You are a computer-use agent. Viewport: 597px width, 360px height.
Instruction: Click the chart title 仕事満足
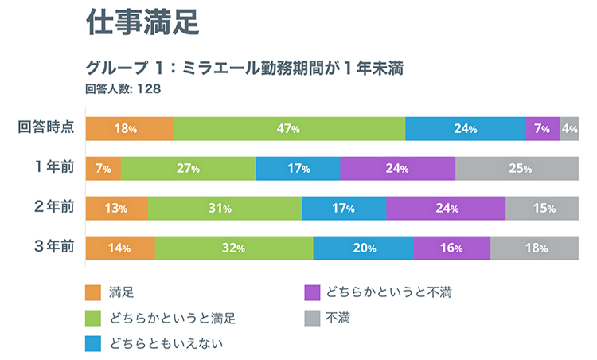pos(142,24)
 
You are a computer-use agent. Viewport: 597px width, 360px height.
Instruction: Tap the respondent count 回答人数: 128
pos(123,88)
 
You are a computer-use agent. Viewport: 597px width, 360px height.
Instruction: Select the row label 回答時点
pos(47,128)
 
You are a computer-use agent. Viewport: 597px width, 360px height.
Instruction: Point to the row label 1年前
pos(54,168)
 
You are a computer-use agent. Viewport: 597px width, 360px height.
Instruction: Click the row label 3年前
pos(54,247)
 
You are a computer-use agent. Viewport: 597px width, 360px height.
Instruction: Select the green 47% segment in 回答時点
pos(290,128)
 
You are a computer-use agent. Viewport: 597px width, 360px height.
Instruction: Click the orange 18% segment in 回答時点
pos(130,128)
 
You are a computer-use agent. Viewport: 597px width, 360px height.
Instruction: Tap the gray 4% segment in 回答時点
pos(569,128)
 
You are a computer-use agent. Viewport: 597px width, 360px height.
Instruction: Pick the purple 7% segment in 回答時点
pos(542,128)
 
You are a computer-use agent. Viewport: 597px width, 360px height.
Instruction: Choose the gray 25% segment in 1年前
pos(517,168)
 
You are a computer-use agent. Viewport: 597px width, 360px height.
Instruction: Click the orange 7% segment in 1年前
pos(103,168)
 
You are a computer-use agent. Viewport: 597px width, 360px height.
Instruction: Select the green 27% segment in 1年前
pos(188,168)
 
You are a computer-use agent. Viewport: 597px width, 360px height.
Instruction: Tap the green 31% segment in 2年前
pos(224,208)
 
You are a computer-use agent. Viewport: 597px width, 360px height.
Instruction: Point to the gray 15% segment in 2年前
pos(542,208)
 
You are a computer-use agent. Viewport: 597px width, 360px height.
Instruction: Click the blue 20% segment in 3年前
pos(363,247)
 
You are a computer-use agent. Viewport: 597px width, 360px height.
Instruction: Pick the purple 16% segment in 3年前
pos(451,247)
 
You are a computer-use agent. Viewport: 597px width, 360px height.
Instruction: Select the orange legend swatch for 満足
pos(93,292)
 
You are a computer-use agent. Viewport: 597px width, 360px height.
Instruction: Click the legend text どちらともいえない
pos(166,343)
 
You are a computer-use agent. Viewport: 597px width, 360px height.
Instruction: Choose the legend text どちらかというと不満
pos(389,292)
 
